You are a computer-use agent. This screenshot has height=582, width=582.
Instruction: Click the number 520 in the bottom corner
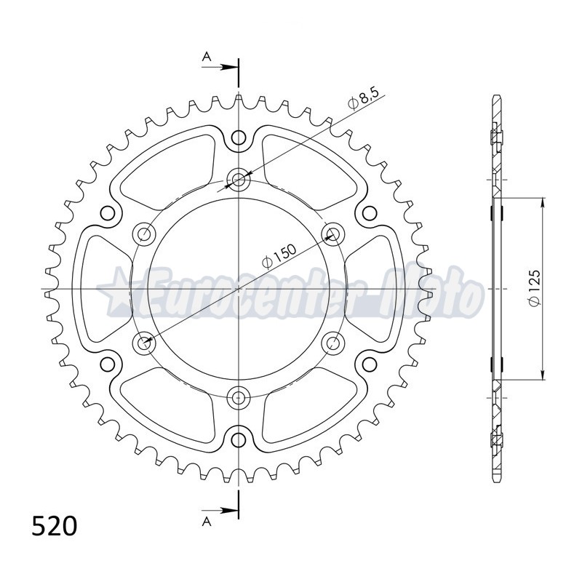coord(54,525)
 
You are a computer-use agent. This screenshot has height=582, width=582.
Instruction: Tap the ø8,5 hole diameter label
coord(364,100)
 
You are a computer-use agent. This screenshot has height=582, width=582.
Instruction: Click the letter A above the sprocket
coord(207,56)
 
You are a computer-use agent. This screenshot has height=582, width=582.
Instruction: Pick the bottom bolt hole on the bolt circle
coord(239,396)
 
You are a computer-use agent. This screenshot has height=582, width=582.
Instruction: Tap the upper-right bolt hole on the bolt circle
coord(332,234)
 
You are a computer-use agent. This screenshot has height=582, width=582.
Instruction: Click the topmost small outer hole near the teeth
coord(239,137)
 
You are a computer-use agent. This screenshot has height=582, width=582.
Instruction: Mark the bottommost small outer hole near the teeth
coord(239,438)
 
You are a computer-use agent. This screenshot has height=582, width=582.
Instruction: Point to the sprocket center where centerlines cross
coord(239,288)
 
